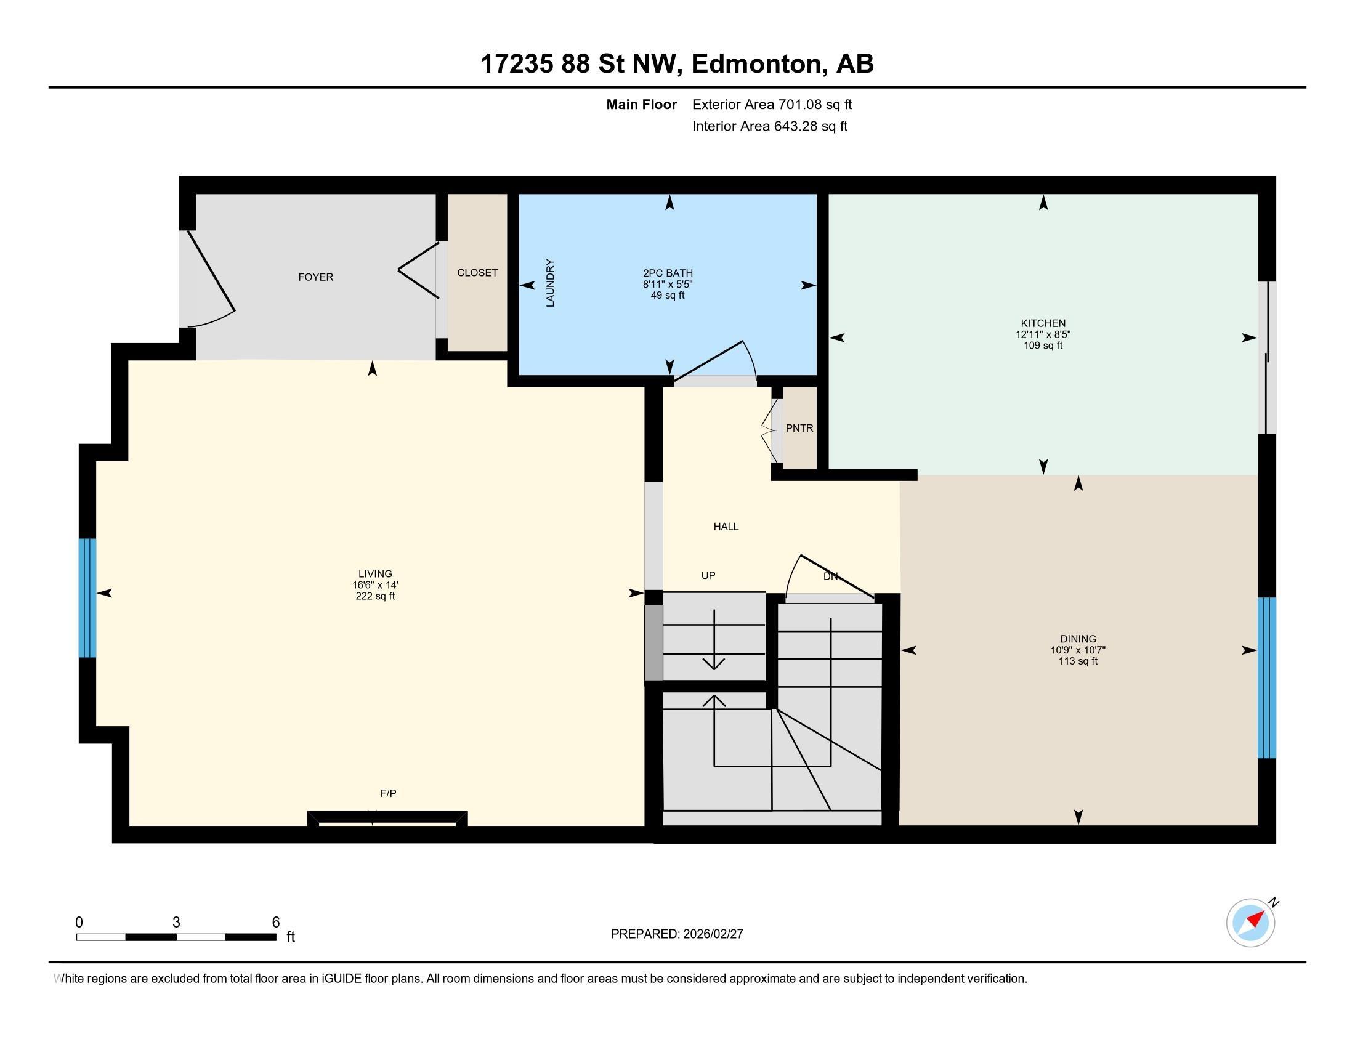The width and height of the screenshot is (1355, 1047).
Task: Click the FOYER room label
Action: point(315,277)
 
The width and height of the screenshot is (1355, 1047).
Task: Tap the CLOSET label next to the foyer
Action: point(477,273)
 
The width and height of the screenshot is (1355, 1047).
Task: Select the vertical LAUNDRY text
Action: point(550,283)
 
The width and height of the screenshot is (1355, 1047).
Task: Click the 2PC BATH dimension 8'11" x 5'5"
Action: point(668,284)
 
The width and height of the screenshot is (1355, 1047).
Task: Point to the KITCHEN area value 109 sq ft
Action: point(1043,346)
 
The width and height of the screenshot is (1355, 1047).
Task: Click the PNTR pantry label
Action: point(799,428)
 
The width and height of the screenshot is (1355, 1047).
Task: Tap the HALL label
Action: point(726,527)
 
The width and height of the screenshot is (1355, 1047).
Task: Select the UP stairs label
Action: point(708,576)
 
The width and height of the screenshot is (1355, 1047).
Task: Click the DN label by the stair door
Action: point(831,576)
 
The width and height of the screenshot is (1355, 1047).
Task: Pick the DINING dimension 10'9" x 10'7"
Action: point(1078,650)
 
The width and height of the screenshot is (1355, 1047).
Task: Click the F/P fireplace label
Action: point(388,793)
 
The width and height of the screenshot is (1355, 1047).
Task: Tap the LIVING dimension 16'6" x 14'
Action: point(374,585)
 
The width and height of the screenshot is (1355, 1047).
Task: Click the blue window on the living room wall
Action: point(87,597)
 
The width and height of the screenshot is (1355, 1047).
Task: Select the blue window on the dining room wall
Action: point(1266,677)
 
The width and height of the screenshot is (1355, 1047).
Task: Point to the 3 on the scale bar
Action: point(176,923)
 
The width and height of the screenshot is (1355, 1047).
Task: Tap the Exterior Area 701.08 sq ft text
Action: point(772,105)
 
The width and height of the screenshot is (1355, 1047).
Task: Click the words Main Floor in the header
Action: point(641,105)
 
